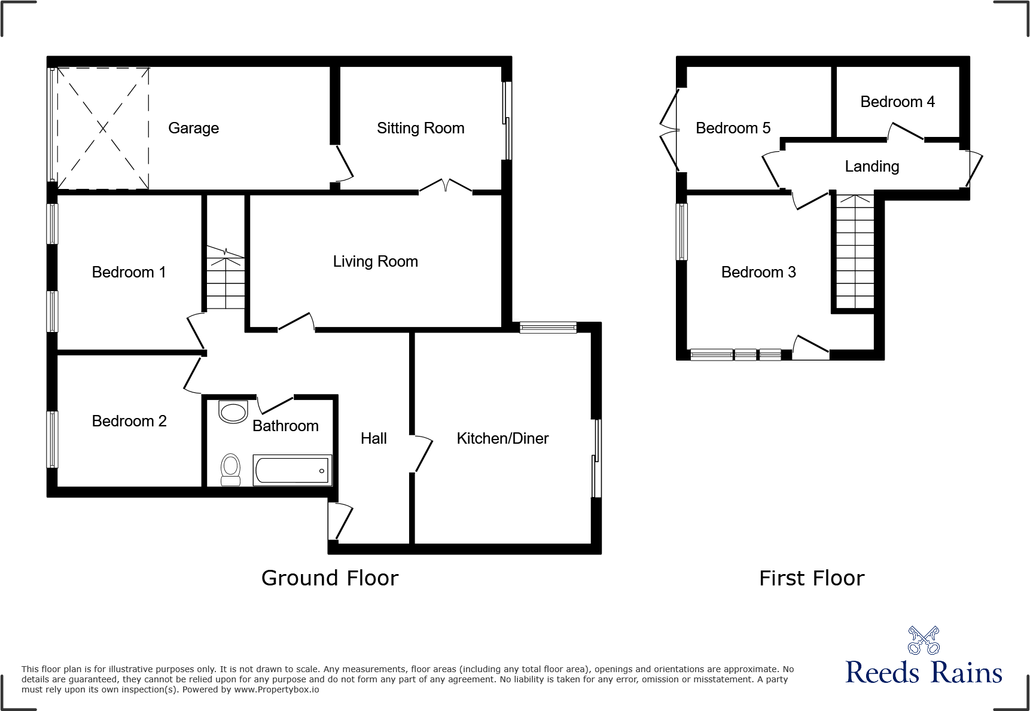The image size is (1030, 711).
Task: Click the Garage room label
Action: click(193, 128)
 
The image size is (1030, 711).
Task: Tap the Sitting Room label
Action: click(420, 128)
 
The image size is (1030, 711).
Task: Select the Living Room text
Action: click(375, 261)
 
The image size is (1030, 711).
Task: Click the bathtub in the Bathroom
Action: click(292, 470)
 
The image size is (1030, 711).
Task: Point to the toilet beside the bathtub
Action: click(230, 469)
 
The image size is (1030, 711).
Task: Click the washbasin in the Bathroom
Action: click(233, 412)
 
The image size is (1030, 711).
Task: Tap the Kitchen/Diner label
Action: click(502, 438)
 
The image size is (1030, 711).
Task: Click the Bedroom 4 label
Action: click(897, 102)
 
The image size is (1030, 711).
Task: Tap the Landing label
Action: click(871, 166)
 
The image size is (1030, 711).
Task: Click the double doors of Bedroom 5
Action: click(669, 130)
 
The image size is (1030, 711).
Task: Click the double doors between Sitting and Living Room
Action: click(446, 186)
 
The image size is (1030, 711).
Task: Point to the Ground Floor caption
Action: click(330, 578)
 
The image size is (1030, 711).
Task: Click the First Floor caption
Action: click(812, 578)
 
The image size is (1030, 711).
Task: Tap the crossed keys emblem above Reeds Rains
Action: click(924, 640)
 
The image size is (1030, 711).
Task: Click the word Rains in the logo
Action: click(967, 673)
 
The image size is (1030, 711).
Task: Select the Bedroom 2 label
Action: click(129, 421)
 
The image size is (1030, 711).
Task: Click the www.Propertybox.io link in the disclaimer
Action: click(276, 690)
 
